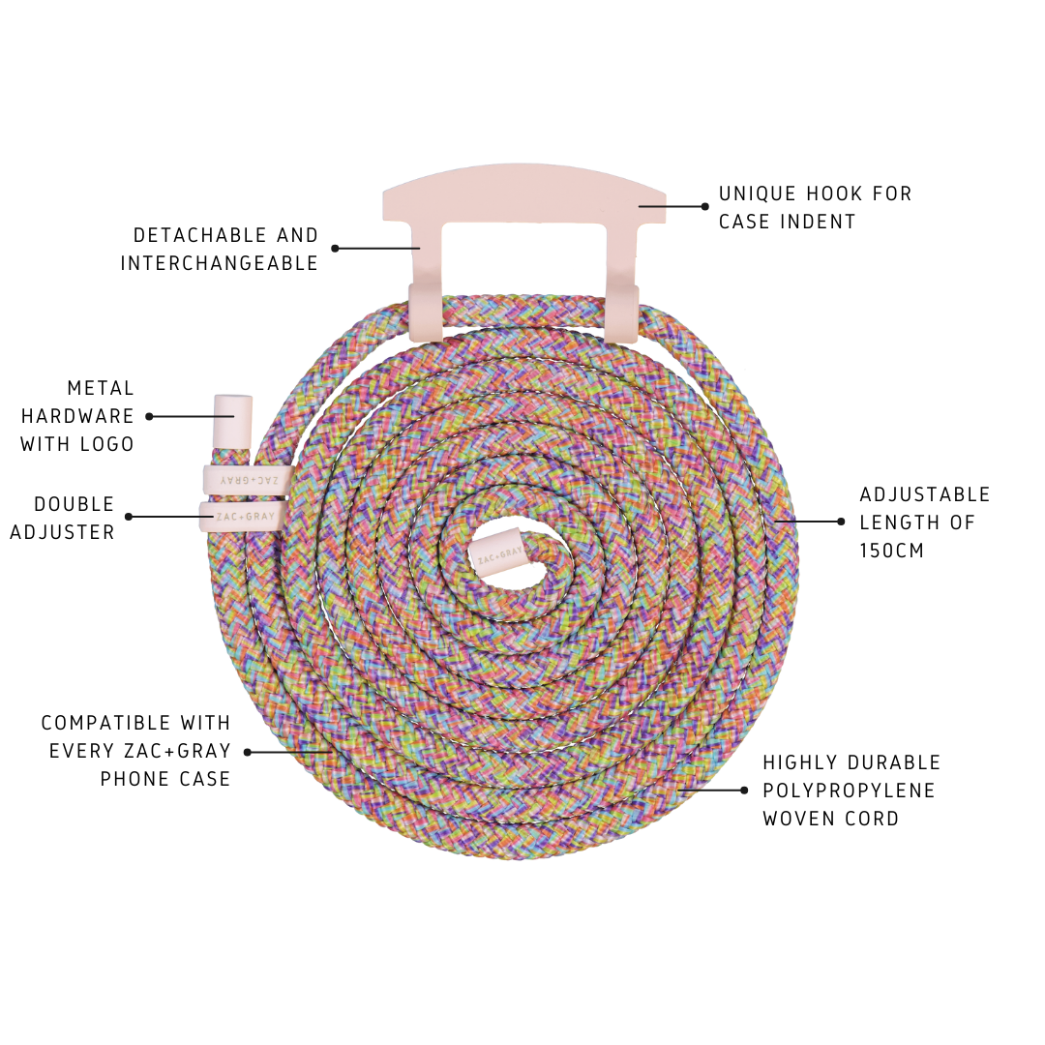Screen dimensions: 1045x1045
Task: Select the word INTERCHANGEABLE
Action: coord(220,263)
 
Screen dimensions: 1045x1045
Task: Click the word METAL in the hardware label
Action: coord(101,388)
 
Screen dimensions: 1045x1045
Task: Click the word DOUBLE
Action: coord(75,504)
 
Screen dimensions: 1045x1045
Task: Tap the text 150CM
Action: coord(892,551)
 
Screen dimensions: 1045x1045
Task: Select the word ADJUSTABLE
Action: coord(925,494)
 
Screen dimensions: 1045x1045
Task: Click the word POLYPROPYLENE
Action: coord(849,791)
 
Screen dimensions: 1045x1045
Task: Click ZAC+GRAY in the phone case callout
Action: coord(177,751)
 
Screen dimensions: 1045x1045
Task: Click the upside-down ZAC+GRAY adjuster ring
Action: coord(248,479)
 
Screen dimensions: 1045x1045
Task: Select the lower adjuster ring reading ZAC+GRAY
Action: coord(242,517)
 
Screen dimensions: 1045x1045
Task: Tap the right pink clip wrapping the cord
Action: coord(622,313)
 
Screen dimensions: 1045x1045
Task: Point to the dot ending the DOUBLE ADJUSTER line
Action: coord(129,517)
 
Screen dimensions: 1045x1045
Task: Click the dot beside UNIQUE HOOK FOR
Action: coord(705,206)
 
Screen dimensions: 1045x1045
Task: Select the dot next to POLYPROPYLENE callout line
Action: coord(744,791)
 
